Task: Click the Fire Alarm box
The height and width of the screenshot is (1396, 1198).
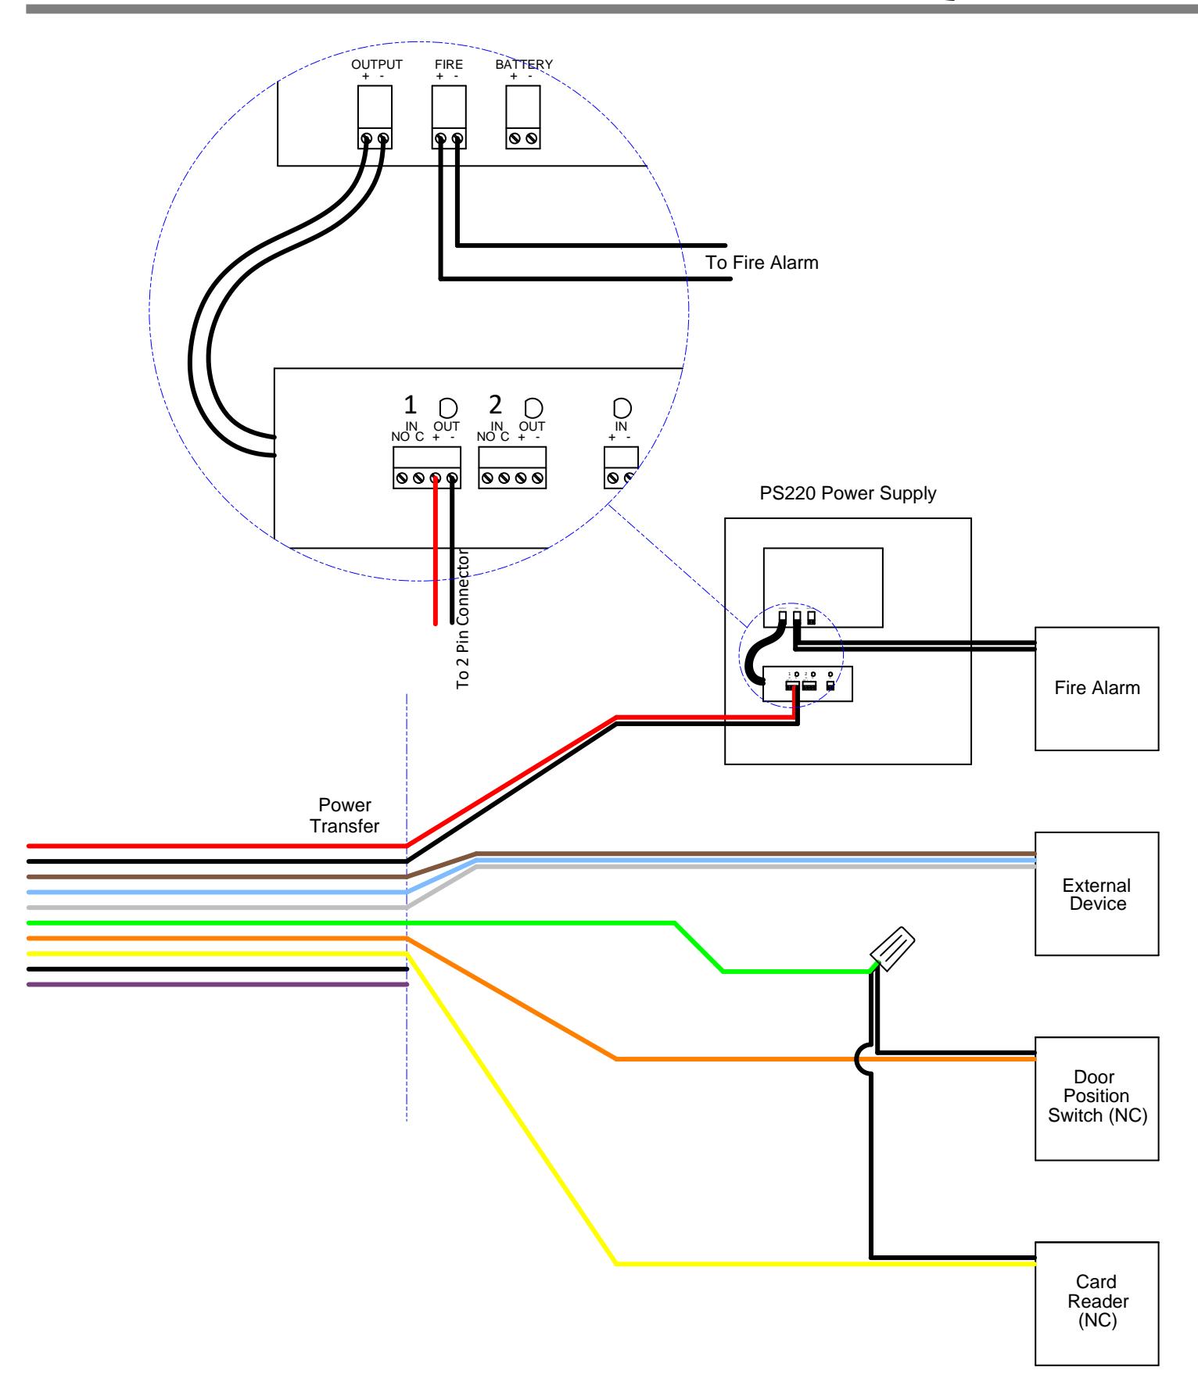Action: point(1096,689)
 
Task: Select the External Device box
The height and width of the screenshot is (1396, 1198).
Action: point(1096,894)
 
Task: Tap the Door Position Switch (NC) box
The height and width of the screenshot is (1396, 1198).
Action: point(1096,1098)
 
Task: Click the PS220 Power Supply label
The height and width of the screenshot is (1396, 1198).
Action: point(848,494)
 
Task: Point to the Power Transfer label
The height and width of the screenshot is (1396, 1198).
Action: point(345,815)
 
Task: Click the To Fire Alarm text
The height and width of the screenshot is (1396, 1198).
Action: point(762,263)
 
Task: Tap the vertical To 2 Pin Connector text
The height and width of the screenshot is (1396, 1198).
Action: point(462,617)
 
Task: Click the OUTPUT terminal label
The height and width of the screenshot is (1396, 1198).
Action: point(377,64)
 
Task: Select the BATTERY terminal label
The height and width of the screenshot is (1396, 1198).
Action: point(524,64)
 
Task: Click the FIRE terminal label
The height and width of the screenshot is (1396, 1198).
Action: point(449,64)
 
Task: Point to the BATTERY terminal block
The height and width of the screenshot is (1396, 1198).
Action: point(523,116)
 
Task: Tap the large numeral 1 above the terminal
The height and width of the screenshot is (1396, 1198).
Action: point(410,405)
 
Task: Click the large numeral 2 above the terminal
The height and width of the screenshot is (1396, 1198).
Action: point(495,405)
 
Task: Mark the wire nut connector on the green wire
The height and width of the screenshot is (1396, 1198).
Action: point(894,947)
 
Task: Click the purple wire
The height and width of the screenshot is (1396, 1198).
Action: point(217,985)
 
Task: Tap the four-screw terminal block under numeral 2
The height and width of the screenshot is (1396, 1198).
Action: point(512,467)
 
